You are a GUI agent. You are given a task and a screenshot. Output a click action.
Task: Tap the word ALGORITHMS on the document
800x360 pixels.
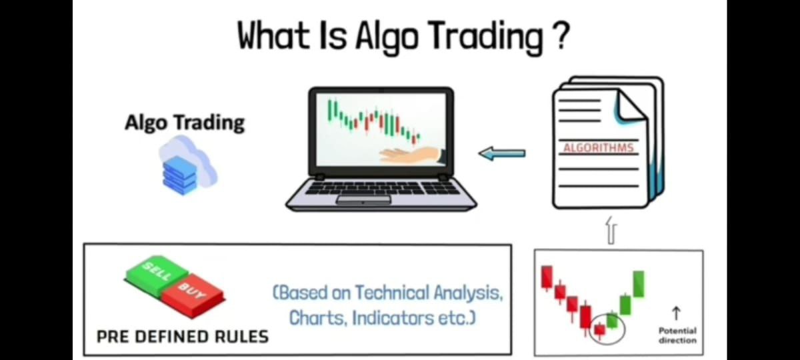pos(599,148)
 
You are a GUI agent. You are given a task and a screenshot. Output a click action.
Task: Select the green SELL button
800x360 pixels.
pos(157,274)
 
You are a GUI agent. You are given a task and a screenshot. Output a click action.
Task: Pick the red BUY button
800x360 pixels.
pos(194,295)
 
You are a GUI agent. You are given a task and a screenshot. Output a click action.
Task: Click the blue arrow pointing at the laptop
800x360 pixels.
pos(502,153)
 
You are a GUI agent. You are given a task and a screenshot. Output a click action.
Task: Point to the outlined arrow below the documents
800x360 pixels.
pos(611,231)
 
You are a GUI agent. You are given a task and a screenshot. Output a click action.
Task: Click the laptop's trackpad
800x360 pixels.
pos(363,200)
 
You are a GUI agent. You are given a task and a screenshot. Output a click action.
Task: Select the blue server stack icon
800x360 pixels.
pos(179,175)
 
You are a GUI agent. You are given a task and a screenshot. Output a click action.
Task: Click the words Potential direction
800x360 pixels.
pos(677,335)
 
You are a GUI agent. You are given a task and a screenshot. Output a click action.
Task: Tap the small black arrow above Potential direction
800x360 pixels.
pos(676,313)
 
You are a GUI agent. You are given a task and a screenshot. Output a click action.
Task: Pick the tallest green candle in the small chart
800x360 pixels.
pos(639,284)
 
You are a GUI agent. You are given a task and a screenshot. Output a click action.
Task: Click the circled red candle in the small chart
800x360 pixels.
pos(599,330)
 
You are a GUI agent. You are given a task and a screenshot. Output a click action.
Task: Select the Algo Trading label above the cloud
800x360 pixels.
pos(185,123)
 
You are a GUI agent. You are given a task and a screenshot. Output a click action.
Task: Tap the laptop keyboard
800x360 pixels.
pos(381,187)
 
